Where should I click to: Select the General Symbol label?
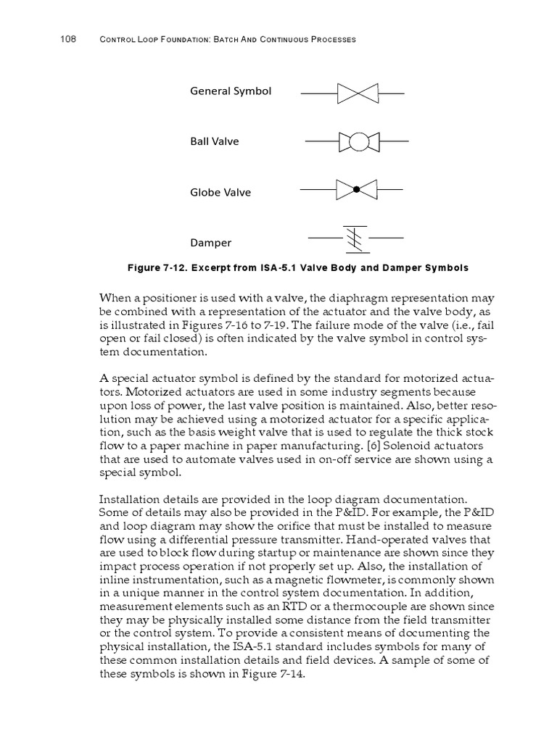(231, 91)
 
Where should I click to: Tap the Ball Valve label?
(215, 141)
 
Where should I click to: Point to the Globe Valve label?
(220, 192)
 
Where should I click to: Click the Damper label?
(211, 243)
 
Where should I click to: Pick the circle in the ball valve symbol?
(358, 141)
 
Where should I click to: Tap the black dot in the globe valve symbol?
(356, 190)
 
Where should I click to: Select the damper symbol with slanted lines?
(355, 239)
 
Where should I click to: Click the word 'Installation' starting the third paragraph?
(126, 500)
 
